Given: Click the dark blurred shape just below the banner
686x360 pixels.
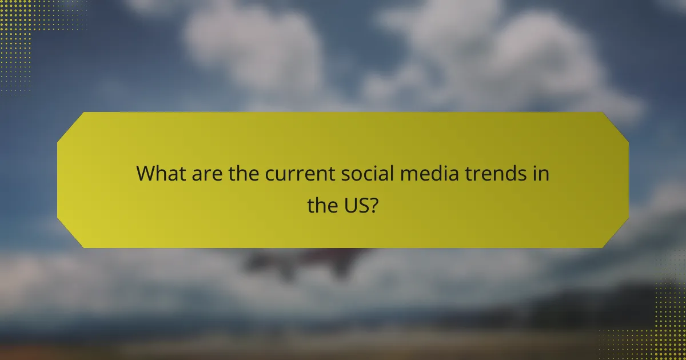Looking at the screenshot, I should tap(309, 260).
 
